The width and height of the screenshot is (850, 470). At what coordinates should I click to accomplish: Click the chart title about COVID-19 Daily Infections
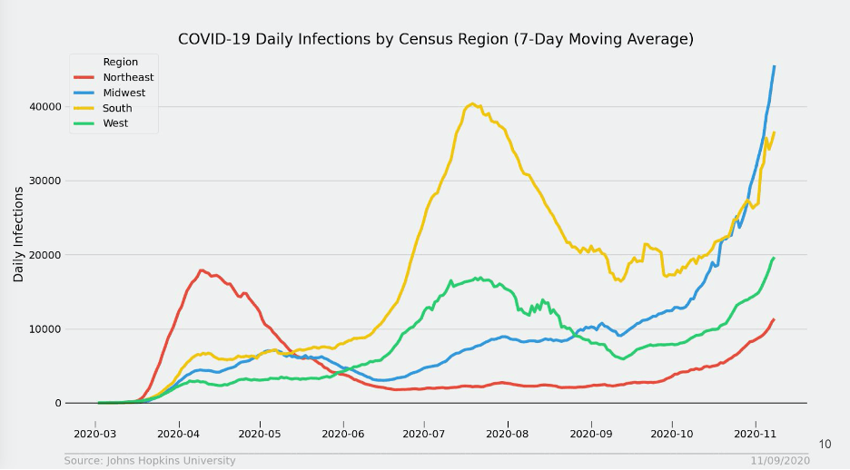click(435, 39)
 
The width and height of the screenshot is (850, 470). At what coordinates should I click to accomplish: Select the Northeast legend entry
click(128, 77)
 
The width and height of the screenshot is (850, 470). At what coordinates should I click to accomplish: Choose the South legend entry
click(118, 108)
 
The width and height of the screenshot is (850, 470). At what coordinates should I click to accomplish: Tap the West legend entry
click(115, 123)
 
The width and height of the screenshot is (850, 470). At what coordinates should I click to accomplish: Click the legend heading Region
click(121, 62)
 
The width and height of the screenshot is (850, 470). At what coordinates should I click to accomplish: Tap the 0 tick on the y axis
click(56, 404)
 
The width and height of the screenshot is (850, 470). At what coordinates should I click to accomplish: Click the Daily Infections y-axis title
click(18, 234)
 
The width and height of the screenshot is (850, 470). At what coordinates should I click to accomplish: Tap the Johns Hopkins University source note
click(150, 461)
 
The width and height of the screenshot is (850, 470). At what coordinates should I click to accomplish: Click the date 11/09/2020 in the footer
click(780, 461)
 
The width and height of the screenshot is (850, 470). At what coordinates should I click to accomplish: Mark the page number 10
click(825, 445)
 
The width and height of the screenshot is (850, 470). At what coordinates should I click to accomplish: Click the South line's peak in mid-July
click(472, 103)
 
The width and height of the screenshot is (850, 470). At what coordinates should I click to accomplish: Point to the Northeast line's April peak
click(202, 270)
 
